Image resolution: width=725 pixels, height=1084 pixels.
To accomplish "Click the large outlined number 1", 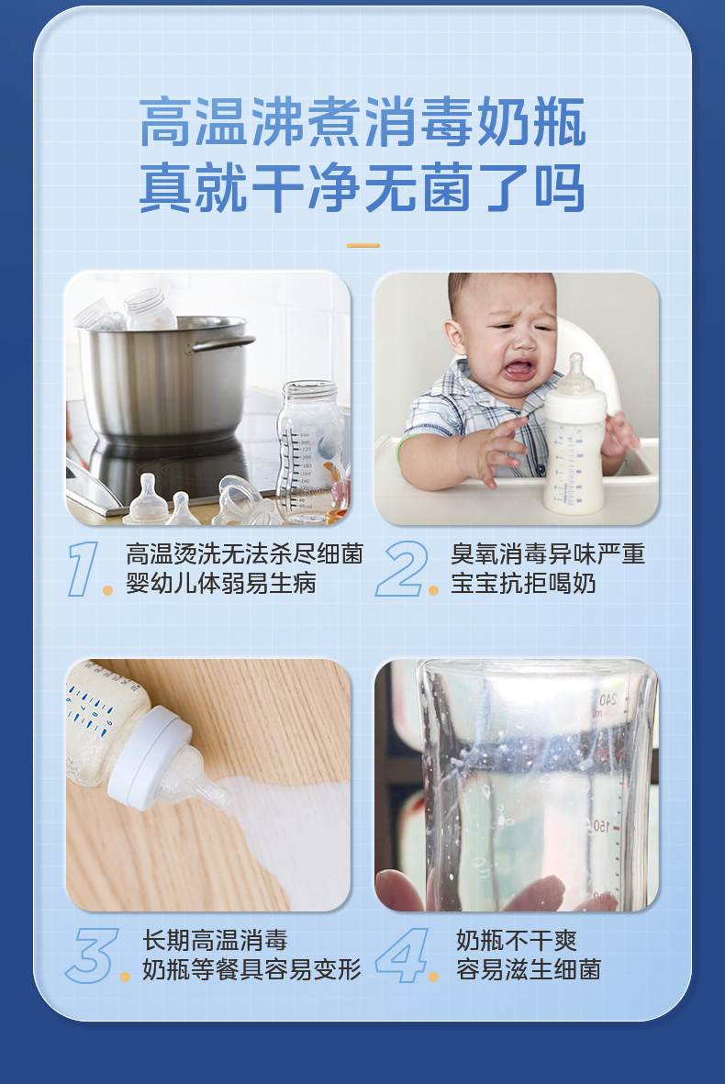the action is click(x=84, y=568).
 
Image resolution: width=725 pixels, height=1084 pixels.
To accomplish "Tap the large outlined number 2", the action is click(x=402, y=568).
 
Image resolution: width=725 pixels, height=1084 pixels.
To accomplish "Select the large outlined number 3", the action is click(x=92, y=955).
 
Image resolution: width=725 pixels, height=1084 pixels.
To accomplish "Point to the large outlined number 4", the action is click(x=402, y=955).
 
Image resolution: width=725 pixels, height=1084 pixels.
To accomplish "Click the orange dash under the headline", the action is click(x=362, y=245).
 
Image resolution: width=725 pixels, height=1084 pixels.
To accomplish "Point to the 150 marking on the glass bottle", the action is click(x=602, y=825).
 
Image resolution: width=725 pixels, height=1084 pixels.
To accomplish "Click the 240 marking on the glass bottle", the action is click(x=608, y=699).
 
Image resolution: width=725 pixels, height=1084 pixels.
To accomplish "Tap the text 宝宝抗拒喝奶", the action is click(x=523, y=584).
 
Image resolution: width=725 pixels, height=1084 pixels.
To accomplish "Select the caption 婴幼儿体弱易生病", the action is click(x=221, y=584).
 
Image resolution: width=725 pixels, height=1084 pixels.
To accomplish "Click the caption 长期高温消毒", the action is click(x=215, y=940).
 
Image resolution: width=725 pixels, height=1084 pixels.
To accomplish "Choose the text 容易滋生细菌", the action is click(x=528, y=969).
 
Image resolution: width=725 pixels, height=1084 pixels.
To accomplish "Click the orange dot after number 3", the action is click(x=125, y=977).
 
